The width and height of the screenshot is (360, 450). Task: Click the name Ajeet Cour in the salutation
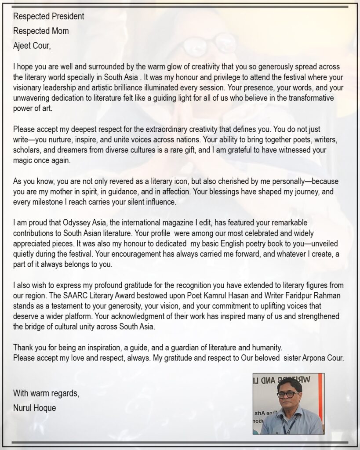click(x=32, y=45)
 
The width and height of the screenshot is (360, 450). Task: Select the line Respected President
click(x=48, y=17)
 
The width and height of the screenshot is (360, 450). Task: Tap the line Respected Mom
click(x=41, y=31)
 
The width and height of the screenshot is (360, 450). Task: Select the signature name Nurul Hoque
click(x=35, y=408)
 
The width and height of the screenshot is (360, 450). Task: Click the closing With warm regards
click(x=46, y=393)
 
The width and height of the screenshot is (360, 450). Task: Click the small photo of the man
click(x=288, y=403)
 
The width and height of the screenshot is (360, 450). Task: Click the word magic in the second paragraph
click(x=22, y=160)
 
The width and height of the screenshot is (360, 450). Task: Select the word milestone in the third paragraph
click(x=44, y=202)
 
